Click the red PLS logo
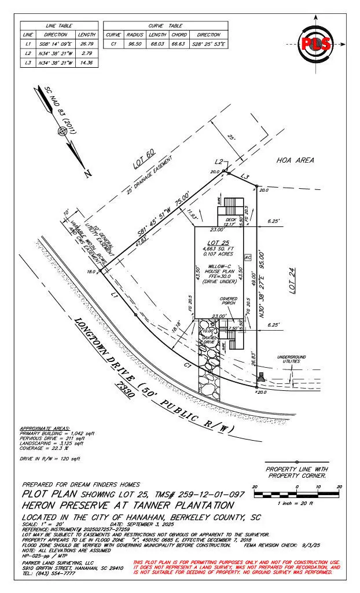tap(315, 43)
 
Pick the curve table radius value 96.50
tap(136, 43)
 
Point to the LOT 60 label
tap(145, 158)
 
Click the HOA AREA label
tap(295, 160)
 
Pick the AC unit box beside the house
tap(248, 257)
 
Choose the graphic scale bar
tap(297, 494)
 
